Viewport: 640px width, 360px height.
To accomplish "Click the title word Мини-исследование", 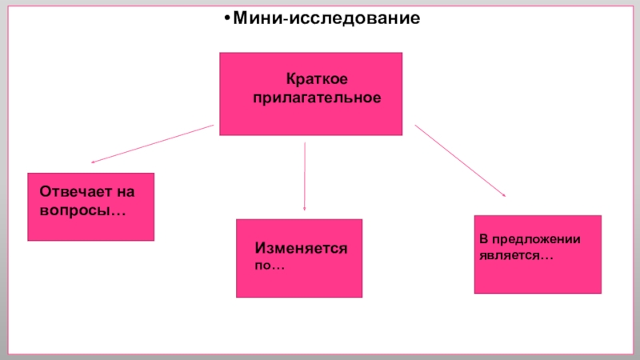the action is [x=327, y=18].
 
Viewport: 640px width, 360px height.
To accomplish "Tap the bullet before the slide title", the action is [x=226, y=18].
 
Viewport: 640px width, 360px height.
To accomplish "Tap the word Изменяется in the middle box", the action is [x=301, y=249].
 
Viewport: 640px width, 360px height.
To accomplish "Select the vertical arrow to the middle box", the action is [x=305, y=176].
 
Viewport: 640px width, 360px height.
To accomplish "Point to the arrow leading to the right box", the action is [x=460, y=160].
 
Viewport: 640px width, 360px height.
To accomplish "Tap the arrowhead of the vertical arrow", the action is [x=305, y=208].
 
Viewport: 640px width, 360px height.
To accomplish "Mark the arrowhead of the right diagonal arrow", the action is [x=502, y=194].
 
